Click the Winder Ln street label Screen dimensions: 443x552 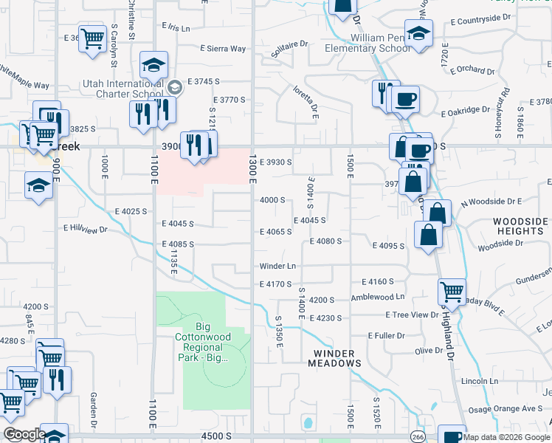tap(277, 266)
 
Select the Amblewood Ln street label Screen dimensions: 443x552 tap(379, 296)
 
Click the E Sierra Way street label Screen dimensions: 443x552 tap(222, 49)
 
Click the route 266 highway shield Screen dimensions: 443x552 tap(417, 435)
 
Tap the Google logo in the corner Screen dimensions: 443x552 tap(24, 434)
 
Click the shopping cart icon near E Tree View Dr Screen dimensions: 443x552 tap(452, 290)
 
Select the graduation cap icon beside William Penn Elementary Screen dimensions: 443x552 tap(418, 34)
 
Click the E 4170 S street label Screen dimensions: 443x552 tap(275, 284)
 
